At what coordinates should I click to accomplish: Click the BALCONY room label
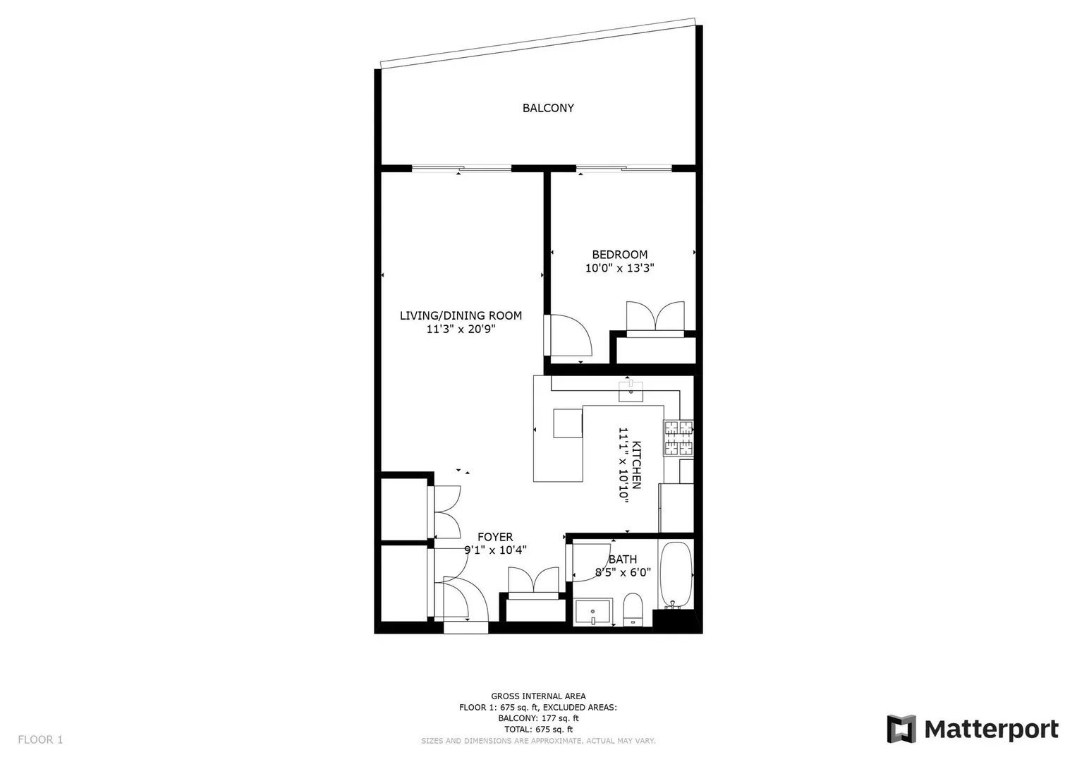pyautogui.click(x=548, y=108)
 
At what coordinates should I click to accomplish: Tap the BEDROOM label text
pyautogui.click(x=620, y=255)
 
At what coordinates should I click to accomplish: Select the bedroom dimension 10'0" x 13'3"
pyautogui.click(x=620, y=268)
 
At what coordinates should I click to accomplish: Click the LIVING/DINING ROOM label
pyautogui.click(x=461, y=315)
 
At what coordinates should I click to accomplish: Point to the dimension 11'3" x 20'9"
pyautogui.click(x=461, y=329)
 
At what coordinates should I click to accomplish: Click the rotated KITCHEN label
pyautogui.click(x=636, y=465)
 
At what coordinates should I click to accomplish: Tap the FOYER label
pyautogui.click(x=495, y=537)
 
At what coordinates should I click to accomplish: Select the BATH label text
pyautogui.click(x=623, y=559)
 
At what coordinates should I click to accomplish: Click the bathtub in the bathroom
pyautogui.click(x=676, y=575)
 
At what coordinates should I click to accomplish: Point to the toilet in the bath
pyautogui.click(x=633, y=610)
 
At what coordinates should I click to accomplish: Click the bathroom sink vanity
pyautogui.click(x=593, y=612)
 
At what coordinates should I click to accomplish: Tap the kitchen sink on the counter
pyautogui.click(x=631, y=391)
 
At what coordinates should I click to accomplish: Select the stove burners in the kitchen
pyautogui.click(x=679, y=437)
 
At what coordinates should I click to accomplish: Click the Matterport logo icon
pyautogui.click(x=901, y=729)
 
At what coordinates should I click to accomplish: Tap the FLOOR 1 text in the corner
pyautogui.click(x=40, y=739)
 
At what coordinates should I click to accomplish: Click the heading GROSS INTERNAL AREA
pyautogui.click(x=538, y=696)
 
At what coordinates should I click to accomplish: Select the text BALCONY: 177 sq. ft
pyautogui.click(x=538, y=718)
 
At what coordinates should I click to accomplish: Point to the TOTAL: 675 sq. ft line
pyautogui.click(x=538, y=730)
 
